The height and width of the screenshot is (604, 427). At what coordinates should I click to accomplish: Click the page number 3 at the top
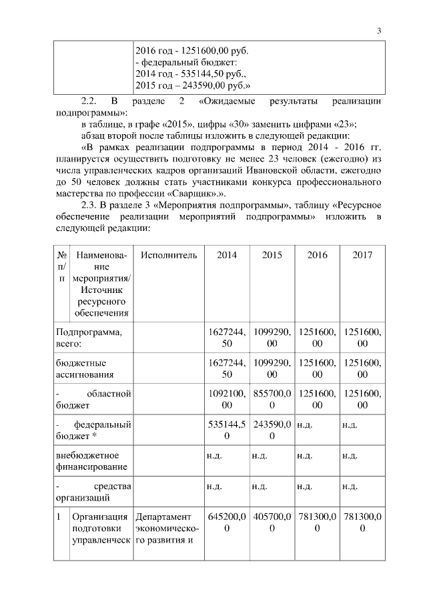pos(378,30)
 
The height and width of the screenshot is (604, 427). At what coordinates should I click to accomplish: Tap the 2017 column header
pos(362,256)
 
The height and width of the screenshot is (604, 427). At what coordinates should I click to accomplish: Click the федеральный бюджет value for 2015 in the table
pos(272,430)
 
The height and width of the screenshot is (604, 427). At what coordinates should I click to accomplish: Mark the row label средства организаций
pos(93,491)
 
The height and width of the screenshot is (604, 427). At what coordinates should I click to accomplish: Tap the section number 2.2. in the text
pos(89,101)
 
